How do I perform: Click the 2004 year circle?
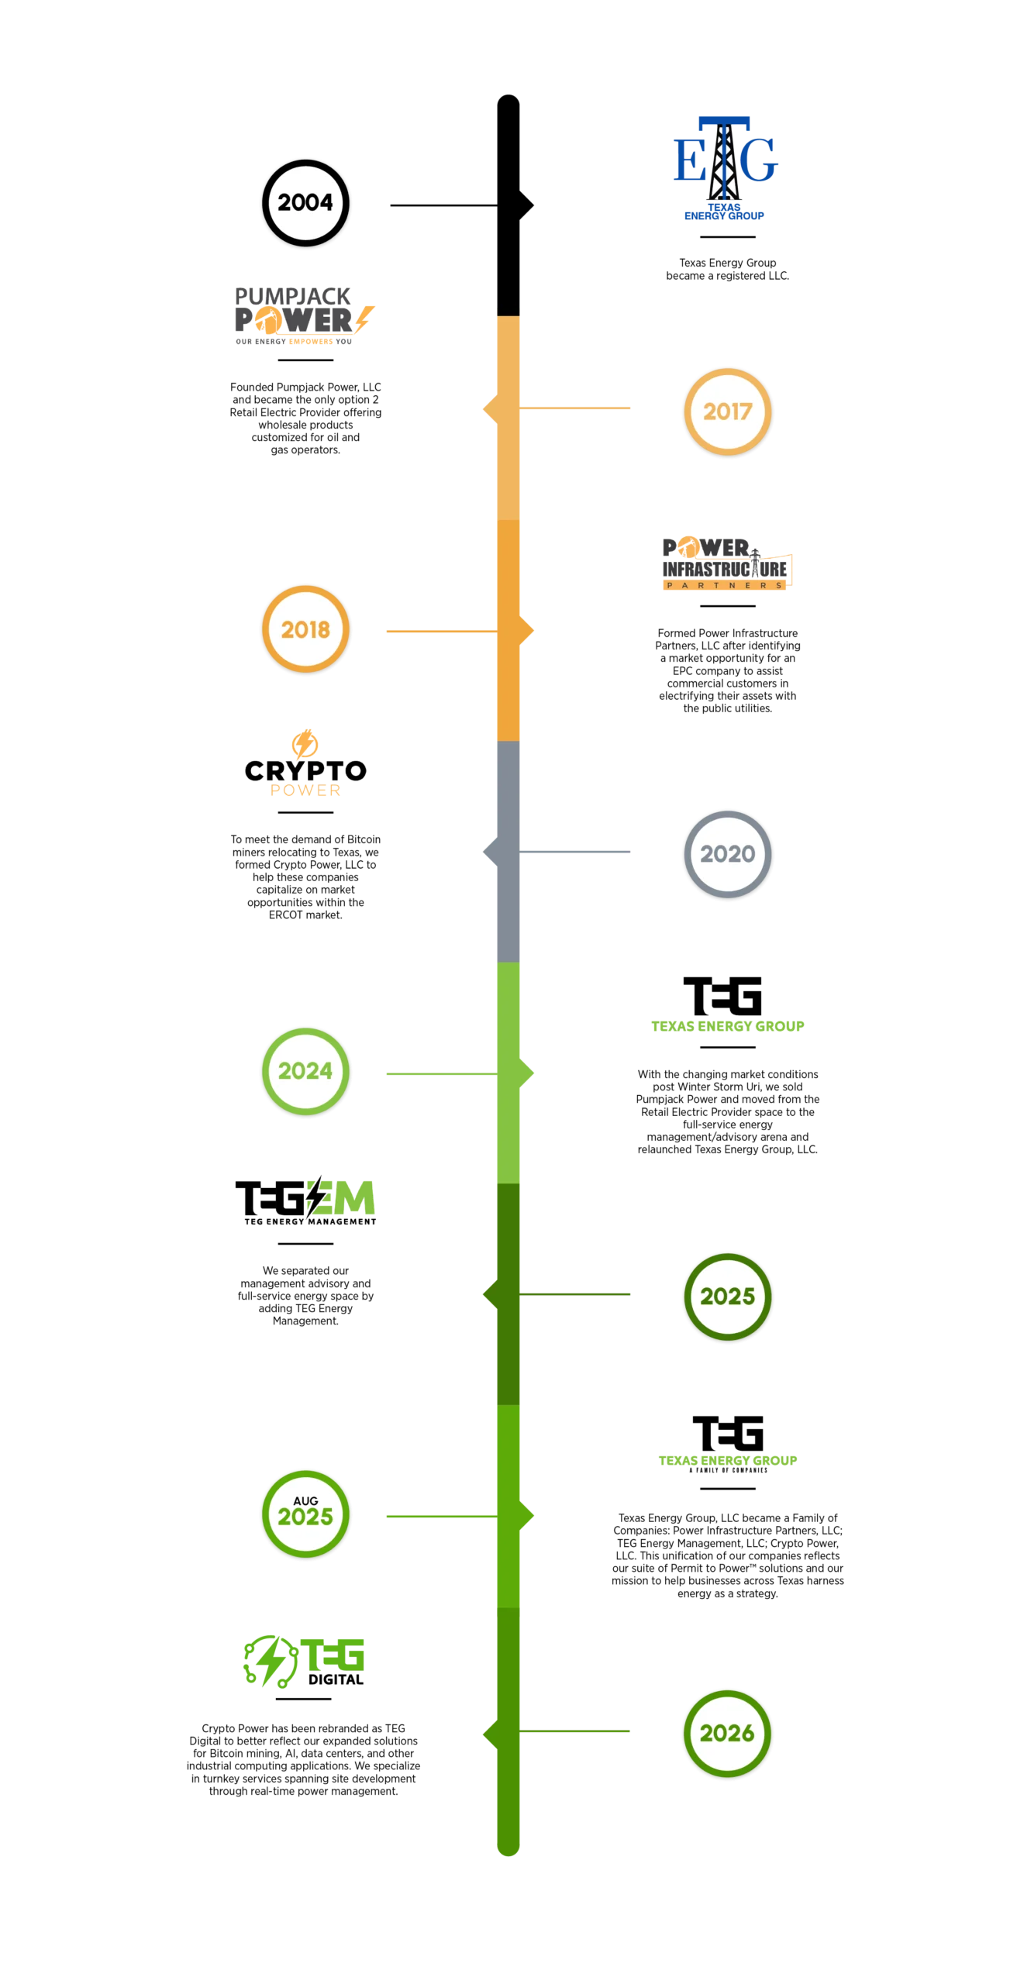[x=305, y=203]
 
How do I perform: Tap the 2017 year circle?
[x=727, y=412]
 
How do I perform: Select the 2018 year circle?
[x=305, y=629]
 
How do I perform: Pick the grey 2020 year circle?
[x=727, y=854]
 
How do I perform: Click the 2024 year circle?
[x=305, y=1071]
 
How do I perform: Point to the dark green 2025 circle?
[x=727, y=1296]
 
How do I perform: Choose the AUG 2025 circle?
[x=305, y=1513]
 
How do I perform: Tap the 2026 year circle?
[x=727, y=1733]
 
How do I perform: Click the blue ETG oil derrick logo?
[x=726, y=167]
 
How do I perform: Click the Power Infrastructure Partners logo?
[x=725, y=564]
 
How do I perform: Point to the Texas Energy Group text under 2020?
[x=728, y=1025]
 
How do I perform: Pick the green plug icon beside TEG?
[x=268, y=1660]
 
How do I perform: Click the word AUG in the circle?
[x=305, y=1500]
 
